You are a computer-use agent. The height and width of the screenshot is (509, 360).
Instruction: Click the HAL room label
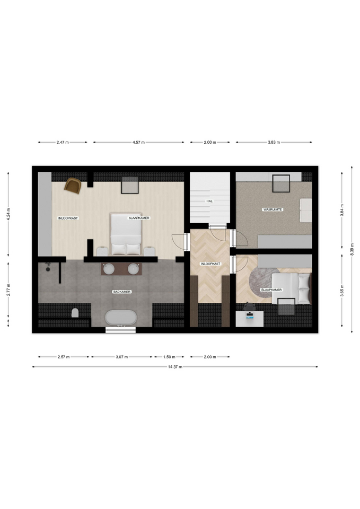click(209, 201)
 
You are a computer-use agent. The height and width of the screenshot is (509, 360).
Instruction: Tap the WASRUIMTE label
click(273, 210)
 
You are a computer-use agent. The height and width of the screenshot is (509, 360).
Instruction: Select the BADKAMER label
click(122, 292)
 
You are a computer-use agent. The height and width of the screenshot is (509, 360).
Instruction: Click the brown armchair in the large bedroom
click(73, 186)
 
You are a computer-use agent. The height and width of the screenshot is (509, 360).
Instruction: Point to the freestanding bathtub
click(120, 318)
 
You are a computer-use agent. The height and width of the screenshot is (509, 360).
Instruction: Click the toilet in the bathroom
click(75, 313)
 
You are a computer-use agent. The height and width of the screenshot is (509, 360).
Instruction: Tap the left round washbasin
click(109, 268)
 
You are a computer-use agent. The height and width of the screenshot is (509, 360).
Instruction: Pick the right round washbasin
click(133, 268)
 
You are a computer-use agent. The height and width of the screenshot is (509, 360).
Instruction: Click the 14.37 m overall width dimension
click(175, 367)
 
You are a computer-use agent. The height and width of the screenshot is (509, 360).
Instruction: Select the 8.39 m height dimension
click(352, 249)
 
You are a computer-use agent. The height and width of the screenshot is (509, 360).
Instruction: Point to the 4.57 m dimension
click(138, 142)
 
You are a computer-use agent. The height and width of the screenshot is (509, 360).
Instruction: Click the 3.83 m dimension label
click(274, 142)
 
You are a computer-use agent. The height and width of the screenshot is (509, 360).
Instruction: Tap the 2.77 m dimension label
click(8, 290)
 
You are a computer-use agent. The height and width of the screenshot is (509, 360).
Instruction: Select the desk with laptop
click(250, 319)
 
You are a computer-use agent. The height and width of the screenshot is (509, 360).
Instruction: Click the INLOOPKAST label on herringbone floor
click(210, 264)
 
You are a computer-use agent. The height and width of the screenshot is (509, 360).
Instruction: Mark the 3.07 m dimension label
click(122, 357)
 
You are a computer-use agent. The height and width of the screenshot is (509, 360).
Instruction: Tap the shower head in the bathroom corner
click(48, 268)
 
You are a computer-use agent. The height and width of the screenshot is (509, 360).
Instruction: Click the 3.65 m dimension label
click(342, 291)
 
